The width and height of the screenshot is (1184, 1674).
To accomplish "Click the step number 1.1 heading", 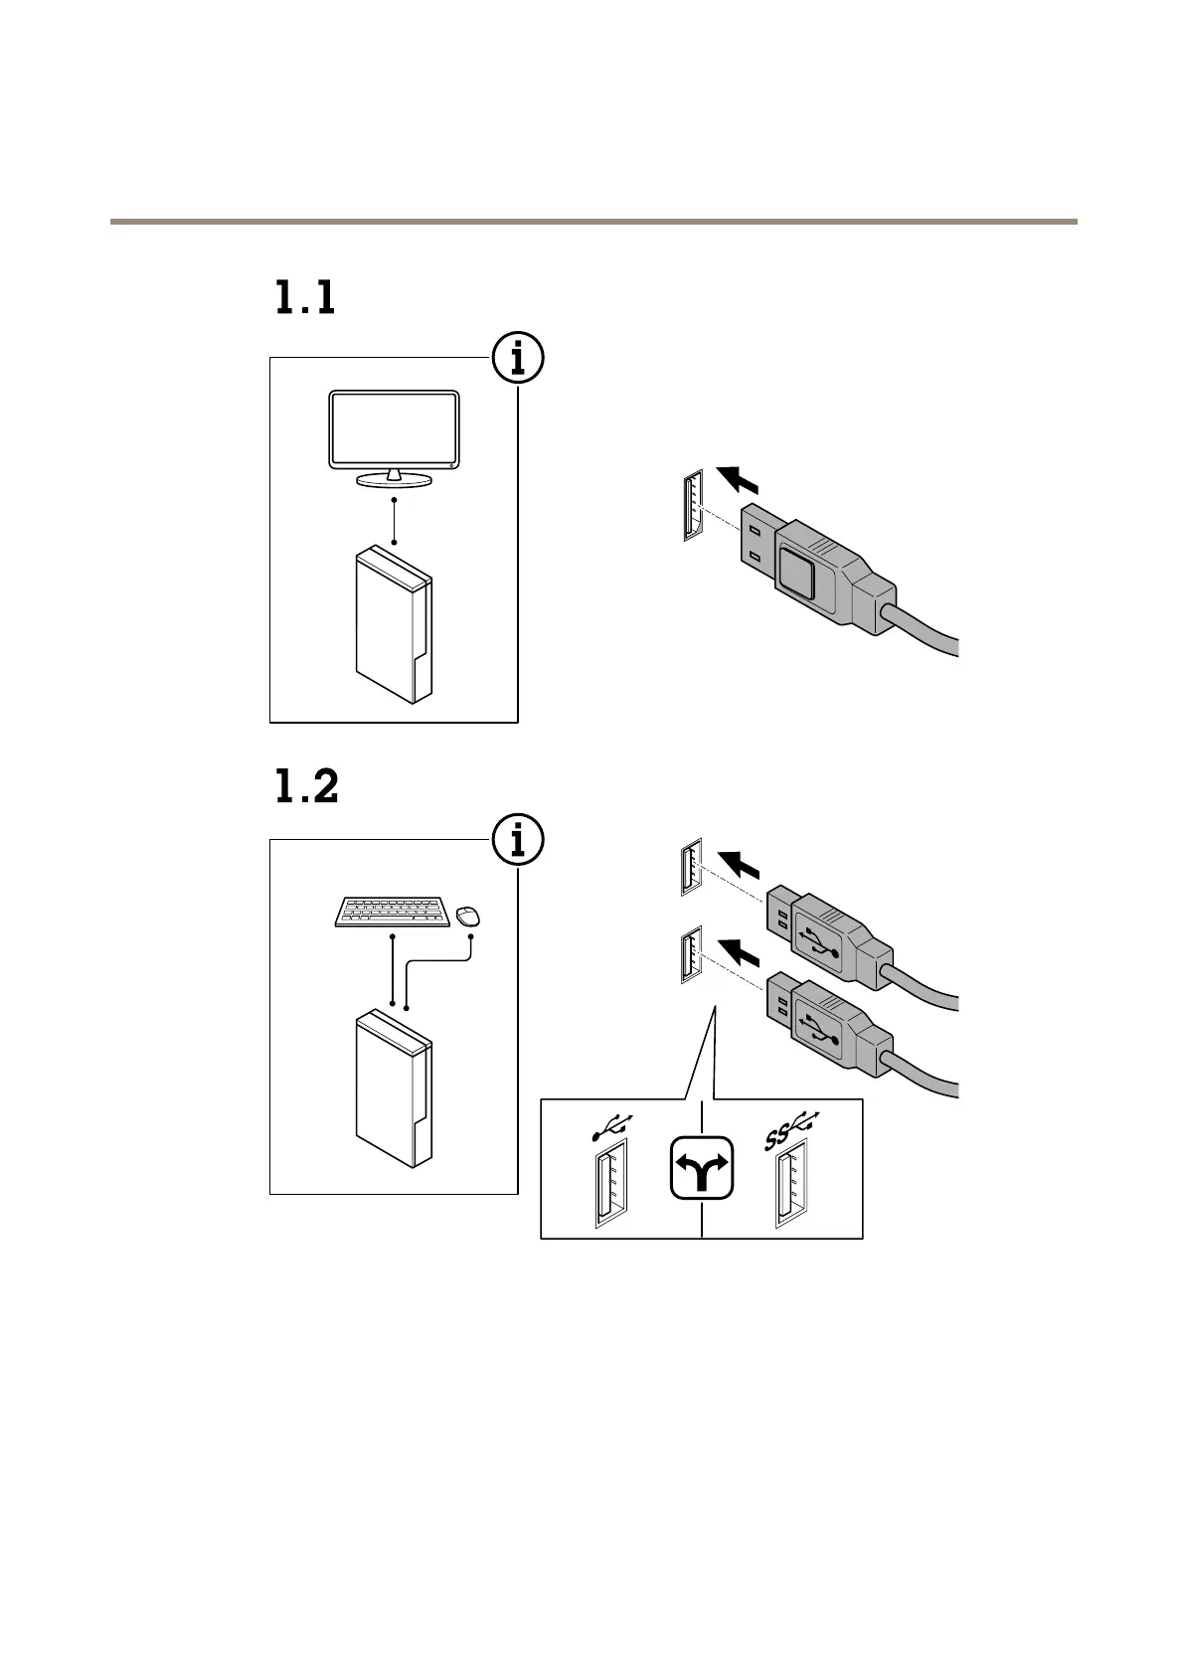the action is (x=305, y=298).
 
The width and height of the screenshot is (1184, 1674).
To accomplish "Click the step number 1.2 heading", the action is (x=306, y=787).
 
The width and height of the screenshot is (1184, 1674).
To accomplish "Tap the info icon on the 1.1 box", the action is (x=518, y=358).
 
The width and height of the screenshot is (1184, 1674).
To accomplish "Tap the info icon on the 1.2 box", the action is (x=518, y=840).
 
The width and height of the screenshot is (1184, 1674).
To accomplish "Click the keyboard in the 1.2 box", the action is (x=392, y=912).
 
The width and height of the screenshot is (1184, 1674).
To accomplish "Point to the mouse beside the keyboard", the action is (x=467, y=915).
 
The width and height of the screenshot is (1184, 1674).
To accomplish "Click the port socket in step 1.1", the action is (x=693, y=505).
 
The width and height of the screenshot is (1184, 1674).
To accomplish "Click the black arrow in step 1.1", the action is (x=738, y=478).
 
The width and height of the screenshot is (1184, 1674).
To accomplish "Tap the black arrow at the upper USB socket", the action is (x=739, y=864).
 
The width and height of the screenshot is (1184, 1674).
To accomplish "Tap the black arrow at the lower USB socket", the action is (x=739, y=953).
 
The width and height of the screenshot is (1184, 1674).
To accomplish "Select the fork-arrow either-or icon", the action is (x=702, y=1168).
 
